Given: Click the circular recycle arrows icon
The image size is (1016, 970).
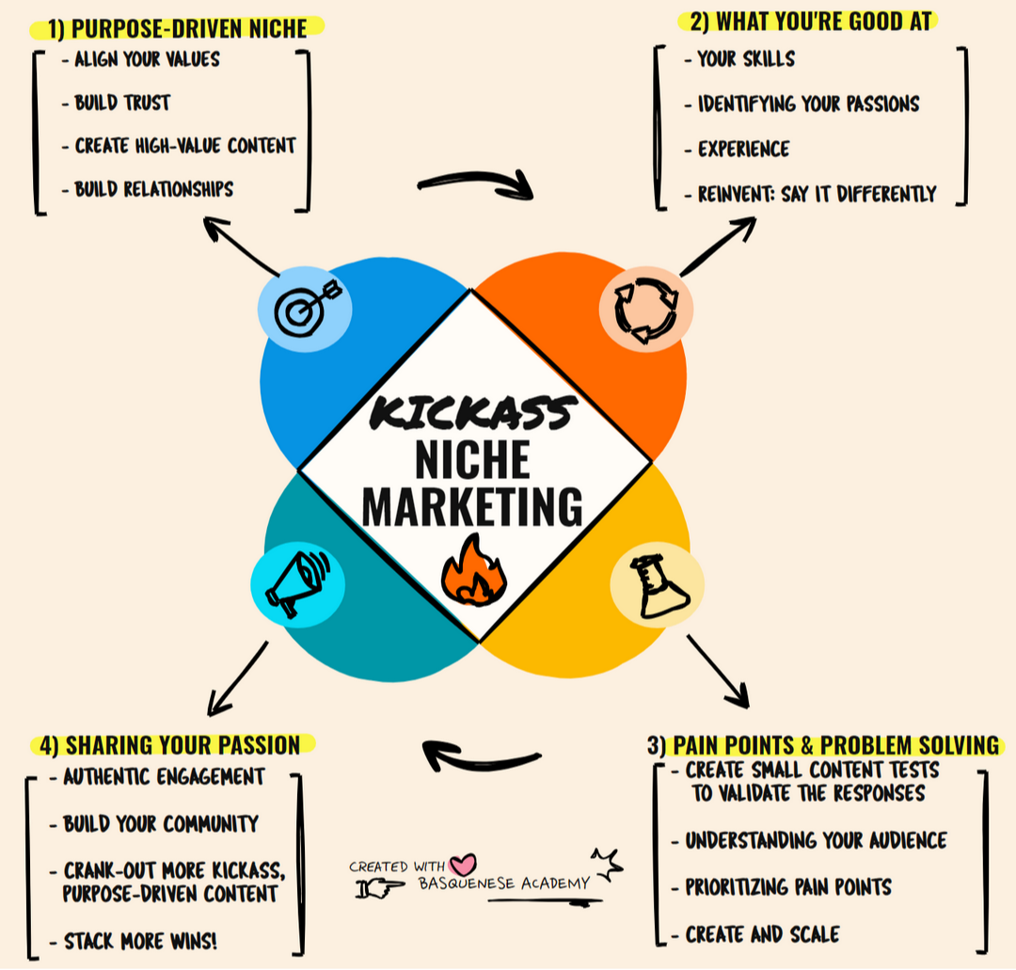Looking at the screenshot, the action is pyautogui.click(x=645, y=310).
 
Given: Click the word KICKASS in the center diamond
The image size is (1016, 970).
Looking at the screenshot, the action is pyautogui.click(x=472, y=411).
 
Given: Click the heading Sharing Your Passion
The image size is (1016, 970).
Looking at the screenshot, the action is pyautogui.click(x=170, y=745).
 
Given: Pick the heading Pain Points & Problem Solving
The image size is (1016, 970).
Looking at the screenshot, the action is pyautogui.click(x=824, y=745).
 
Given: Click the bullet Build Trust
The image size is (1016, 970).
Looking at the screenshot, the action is pyautogui.click(x=122, y=103).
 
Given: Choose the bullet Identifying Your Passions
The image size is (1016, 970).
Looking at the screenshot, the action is pyautogui.click(x=808, y=103).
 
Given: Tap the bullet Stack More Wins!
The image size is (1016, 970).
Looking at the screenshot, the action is pyautogui.click(x=140, y=941).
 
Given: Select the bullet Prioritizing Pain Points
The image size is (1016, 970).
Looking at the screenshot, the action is pyautogui.click(x=788, y=887).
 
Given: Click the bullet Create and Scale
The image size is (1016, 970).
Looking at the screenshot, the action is pyautogui.click(x=763, y=934).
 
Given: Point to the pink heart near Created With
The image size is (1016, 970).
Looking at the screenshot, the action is pyautogui.click(x=463, y=864).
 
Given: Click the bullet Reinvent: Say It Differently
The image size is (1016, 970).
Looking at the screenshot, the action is pyautogui.click(x=817, y=195).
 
